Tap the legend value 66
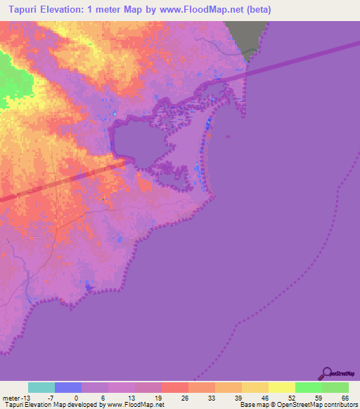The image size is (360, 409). pyautogui.click(x=345, y=398)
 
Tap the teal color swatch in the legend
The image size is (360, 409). pyautogui.click(x=41, y=387)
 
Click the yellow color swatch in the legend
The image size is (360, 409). pyautogui.click(x=281, y=387)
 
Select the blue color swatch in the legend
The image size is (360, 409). pyautogui.click(x=67, y=387)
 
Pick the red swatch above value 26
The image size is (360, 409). pyautogui.click(x=174, y=387)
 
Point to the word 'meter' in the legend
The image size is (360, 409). pyautogui.click(x=11, y=398)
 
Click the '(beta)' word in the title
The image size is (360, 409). pyautogui.click(x=256, y=10)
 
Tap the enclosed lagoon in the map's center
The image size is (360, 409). pyautogui.click(x=141, y=141)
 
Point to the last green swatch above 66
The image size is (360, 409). pyautogui.click(x=335, y=387)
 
